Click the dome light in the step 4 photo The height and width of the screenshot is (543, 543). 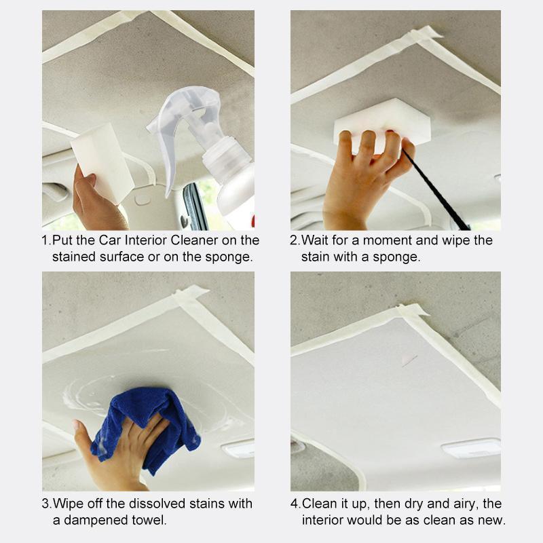tap(470, 448)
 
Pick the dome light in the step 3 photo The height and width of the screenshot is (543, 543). tap(238, 449)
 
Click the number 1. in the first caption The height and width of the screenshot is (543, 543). tap(46, 240)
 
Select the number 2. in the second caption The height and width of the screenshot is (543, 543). tap(295, 240)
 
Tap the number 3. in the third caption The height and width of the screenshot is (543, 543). tap(46, 504)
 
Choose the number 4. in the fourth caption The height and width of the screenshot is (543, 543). tap(295, 504)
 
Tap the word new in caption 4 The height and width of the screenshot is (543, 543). tap(491, 521)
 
